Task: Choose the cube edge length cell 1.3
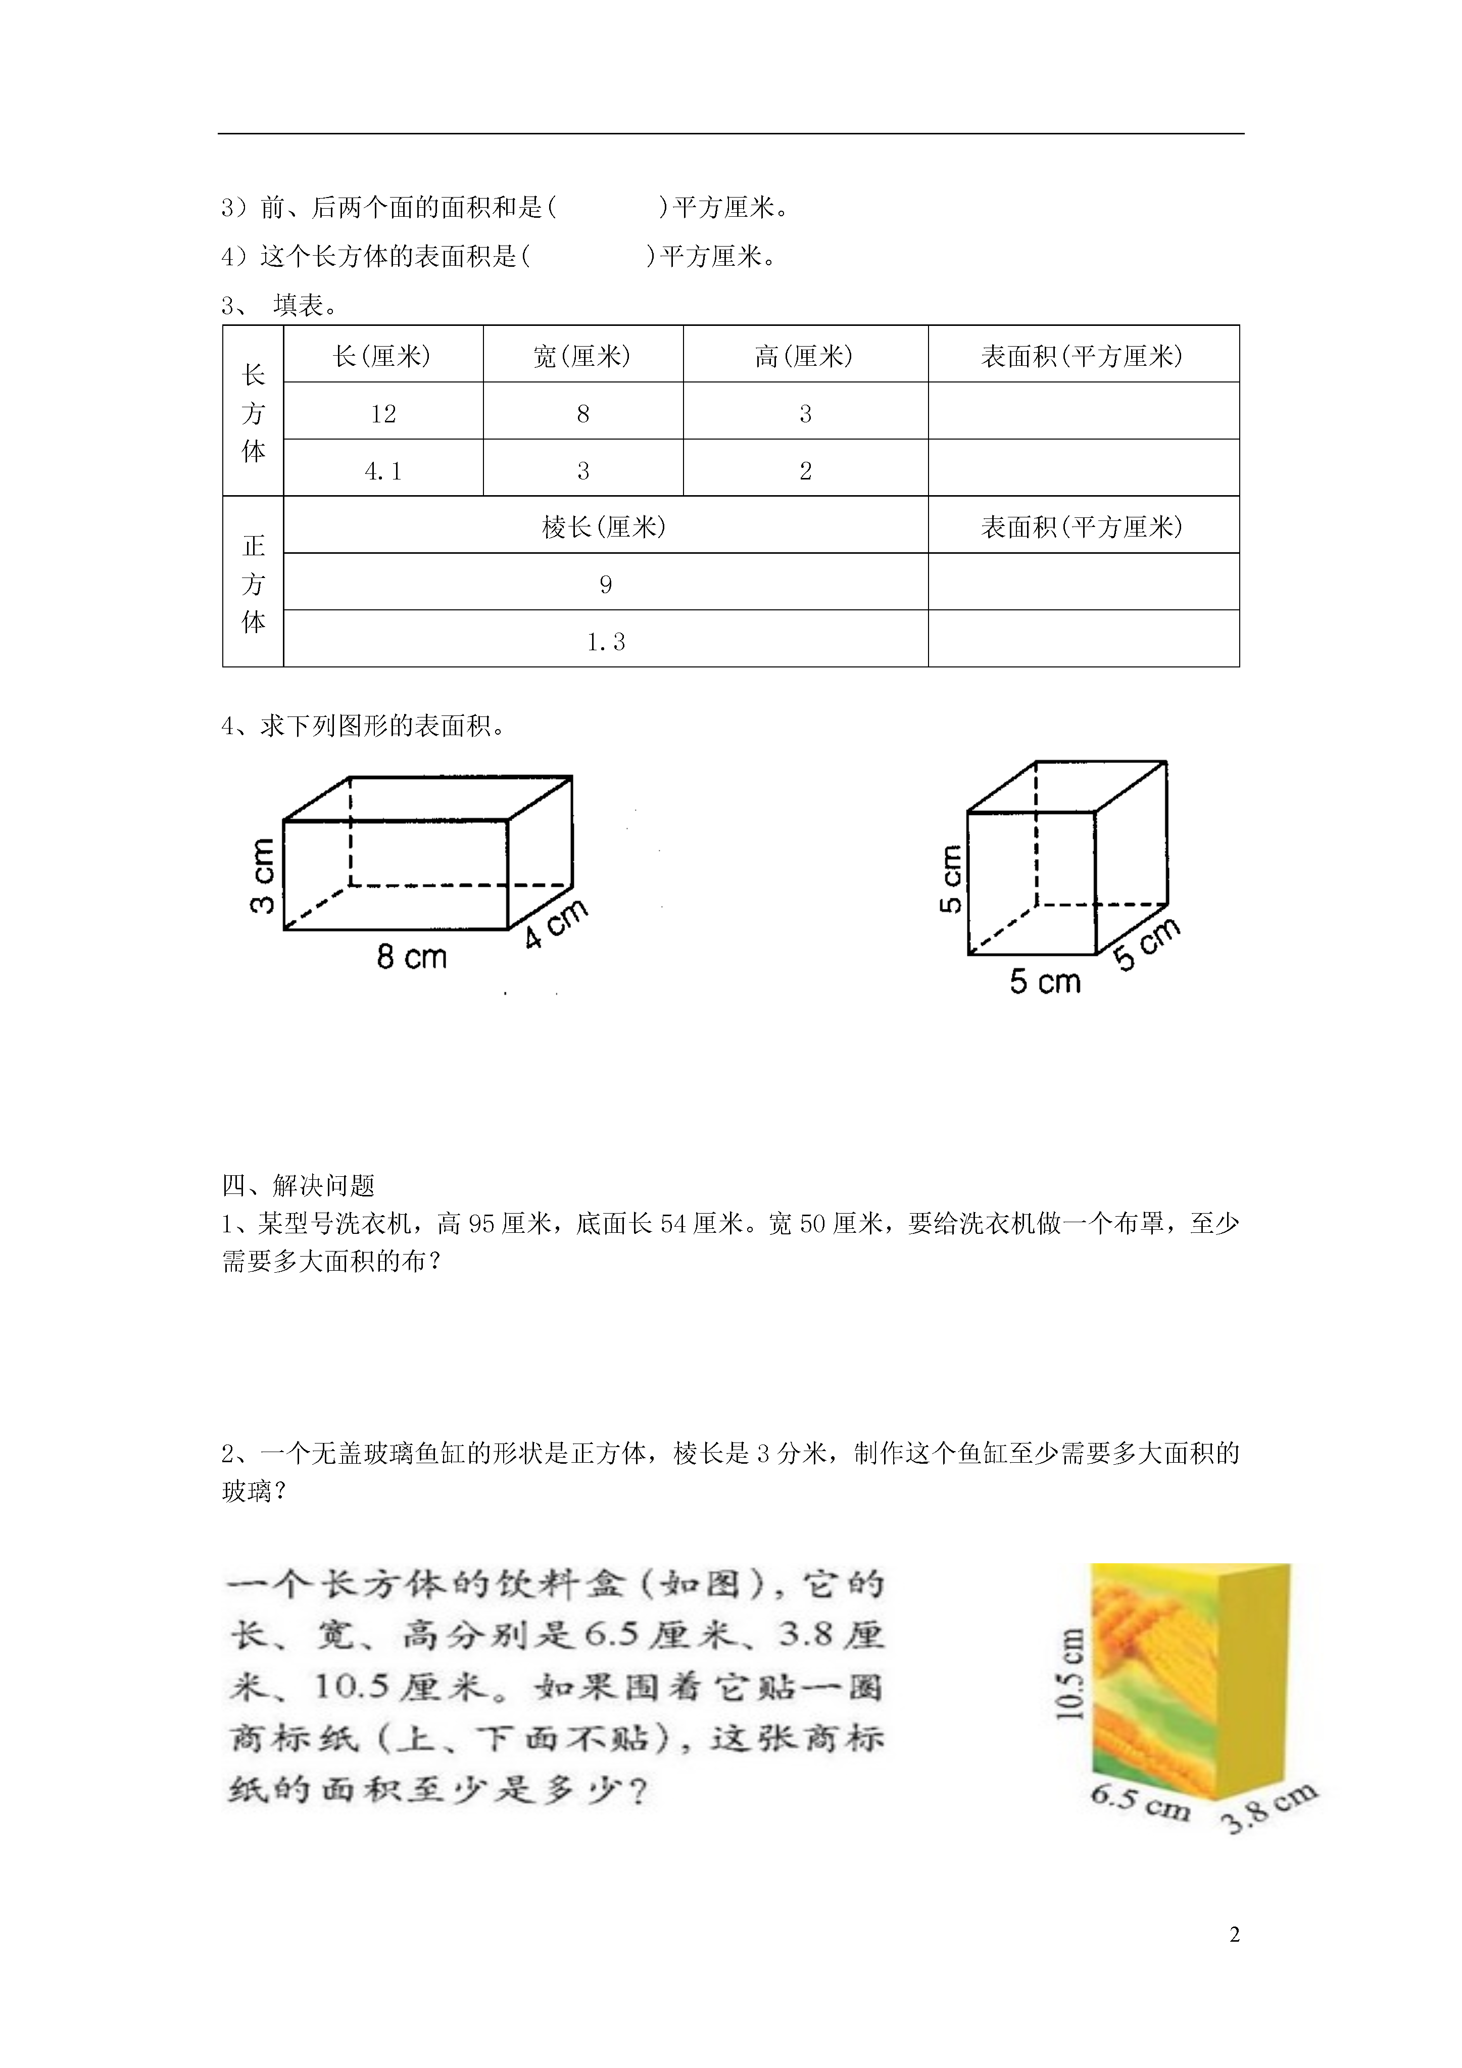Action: click(605, 641)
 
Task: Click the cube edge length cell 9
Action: click(605, 585)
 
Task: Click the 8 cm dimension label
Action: click(412, 956)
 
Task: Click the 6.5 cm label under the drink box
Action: click(1140, 1801)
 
